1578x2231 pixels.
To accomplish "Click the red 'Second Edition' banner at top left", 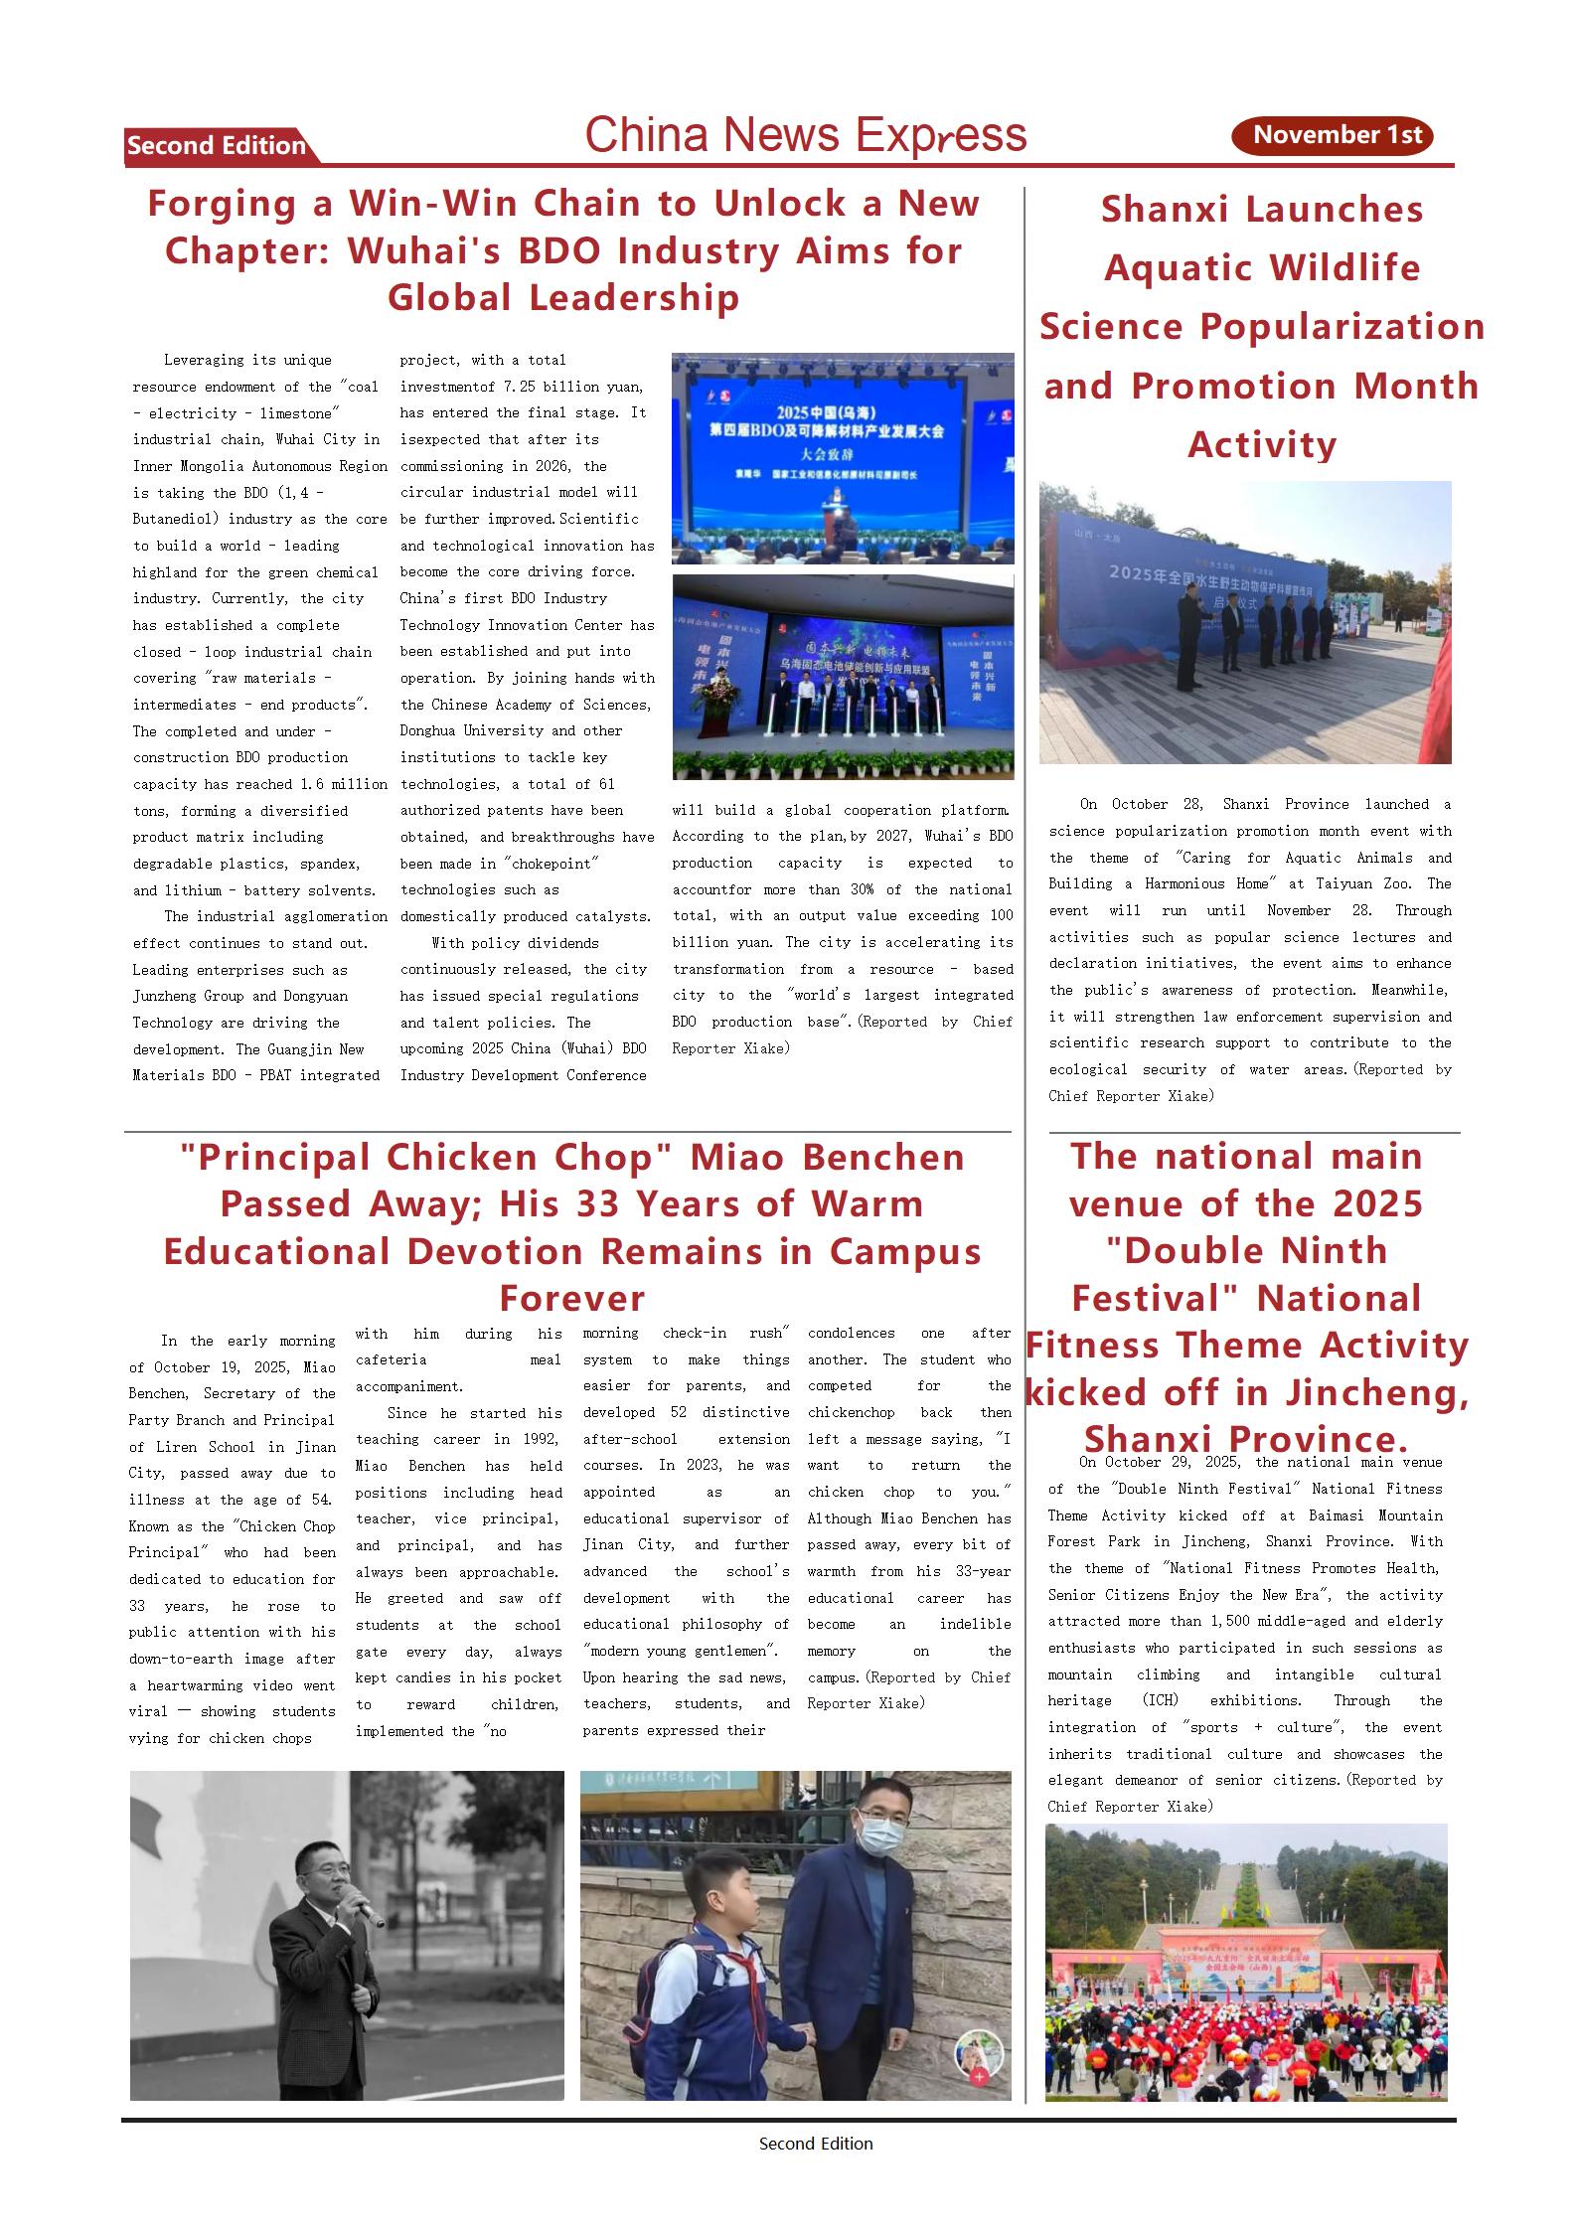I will click(217, 146).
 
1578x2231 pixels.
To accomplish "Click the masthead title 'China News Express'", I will click(805, 135).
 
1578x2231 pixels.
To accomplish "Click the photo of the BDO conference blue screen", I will click(843, 458).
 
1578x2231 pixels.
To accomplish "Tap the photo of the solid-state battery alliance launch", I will click(843, 676).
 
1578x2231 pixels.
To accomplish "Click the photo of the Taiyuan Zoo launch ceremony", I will click(1244, 622).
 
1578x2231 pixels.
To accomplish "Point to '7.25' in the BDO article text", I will click(519, 387).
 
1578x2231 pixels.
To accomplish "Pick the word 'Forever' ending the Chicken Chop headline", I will click(571, 1298).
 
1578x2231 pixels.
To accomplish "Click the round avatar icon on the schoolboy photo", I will click(978, 2054).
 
